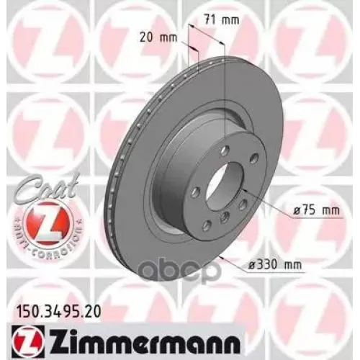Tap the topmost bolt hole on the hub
pos(225,149)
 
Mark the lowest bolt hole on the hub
pos(225,217)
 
